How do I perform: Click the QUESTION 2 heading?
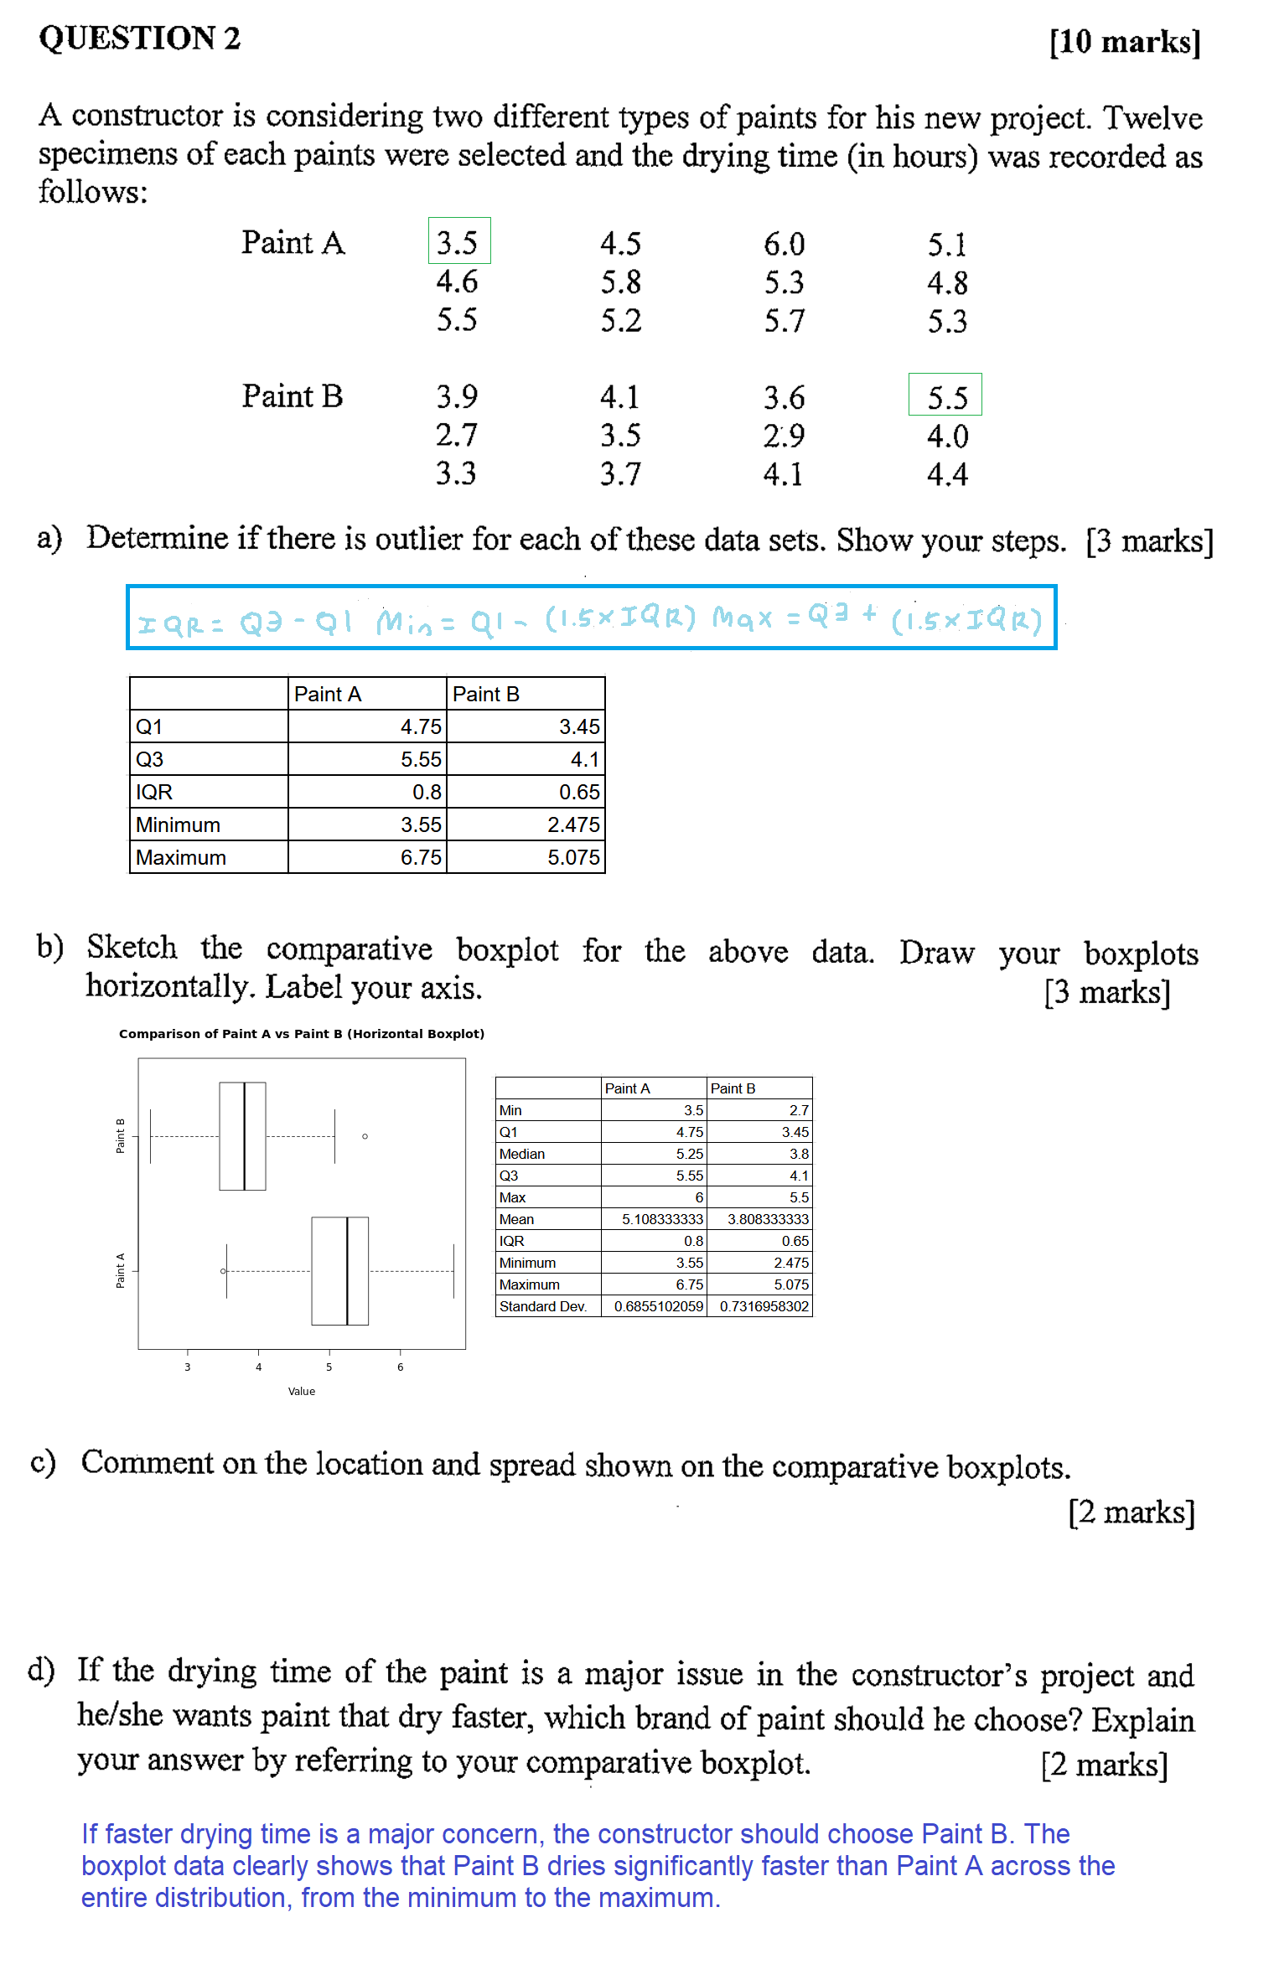(x=139, y=39)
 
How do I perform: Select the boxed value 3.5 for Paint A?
(x=458, y=242)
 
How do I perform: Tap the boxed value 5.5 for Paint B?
(x=946, y=396)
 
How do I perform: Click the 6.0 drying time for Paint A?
(x=784, y=244)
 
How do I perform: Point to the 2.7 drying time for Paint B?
(x=456, y=435)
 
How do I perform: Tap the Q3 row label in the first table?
(x=150, y=759)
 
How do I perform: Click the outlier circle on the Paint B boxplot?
(x=365, y=1136)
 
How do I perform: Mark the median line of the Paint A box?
(x=347, y=1270)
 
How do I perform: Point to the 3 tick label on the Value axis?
(x=188, y=1367)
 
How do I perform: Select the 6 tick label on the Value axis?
(x=400, y=1367)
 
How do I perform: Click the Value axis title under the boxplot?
(x=302, y=1391)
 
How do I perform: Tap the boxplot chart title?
(x=302, y=1034)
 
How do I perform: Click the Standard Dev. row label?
(x=543, y=1306)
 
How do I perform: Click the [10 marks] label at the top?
(x=1125, y=41)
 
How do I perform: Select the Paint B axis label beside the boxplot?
(x=120, y=1136)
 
